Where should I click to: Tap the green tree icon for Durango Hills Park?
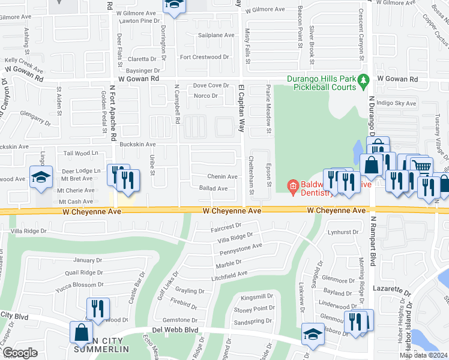tap(363, 80)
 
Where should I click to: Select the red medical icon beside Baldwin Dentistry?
tap(293, 186)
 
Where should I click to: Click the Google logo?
tap(20, 353)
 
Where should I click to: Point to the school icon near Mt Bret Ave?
tap(41, 177)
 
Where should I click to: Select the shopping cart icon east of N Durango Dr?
tap(422, 167)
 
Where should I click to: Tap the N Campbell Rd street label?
tap(178, 104)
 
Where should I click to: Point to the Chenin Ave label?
tap(222, 176)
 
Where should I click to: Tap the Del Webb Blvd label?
tap(175, 329)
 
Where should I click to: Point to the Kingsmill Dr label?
tap(256, 296)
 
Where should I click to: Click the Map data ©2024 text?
tap(423, 355)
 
